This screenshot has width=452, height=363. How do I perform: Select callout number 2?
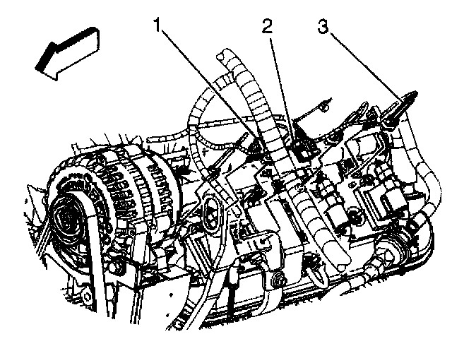coord(266,28)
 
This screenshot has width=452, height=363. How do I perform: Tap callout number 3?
coord(323,28)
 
